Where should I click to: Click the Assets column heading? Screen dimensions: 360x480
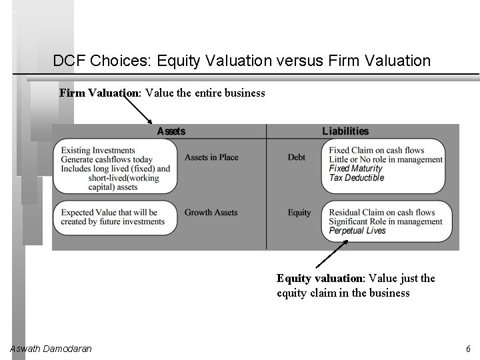[x=171, y=131]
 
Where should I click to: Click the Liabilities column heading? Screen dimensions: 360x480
[x=345, y=131]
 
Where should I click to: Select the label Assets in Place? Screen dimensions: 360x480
[x=211, y=157]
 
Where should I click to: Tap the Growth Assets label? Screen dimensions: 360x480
[x=211, y=213]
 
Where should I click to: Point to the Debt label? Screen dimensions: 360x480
[x=297, y=157]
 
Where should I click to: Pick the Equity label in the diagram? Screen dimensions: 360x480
[x=299, y=213]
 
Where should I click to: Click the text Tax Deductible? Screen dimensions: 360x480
[x=357, y=178]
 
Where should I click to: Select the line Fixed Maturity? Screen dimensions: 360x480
[x=356, y=169]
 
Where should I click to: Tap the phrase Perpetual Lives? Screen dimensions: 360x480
[x=357, y=231]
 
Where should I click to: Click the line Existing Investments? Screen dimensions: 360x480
[x=97, y=151]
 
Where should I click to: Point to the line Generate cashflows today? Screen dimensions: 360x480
[x=107, y=160]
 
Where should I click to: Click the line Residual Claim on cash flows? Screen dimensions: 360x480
[x=382, y=213]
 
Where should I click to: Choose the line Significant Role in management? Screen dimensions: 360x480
[x=385, y=221]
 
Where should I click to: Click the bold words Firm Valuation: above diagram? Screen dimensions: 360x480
[x=99, y=93]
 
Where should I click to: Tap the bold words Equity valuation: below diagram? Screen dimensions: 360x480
[x=318, y=278]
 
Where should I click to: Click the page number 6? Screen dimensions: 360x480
[x=468, y=349]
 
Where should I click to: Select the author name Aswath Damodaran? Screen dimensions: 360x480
[x=51, y=349]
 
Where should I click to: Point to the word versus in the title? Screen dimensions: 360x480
[x=301, y=61]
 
